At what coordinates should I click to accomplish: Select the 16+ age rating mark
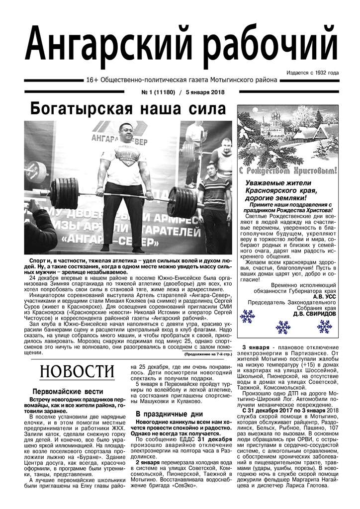click(91, 80)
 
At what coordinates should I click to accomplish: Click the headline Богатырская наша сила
click(128, 108)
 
